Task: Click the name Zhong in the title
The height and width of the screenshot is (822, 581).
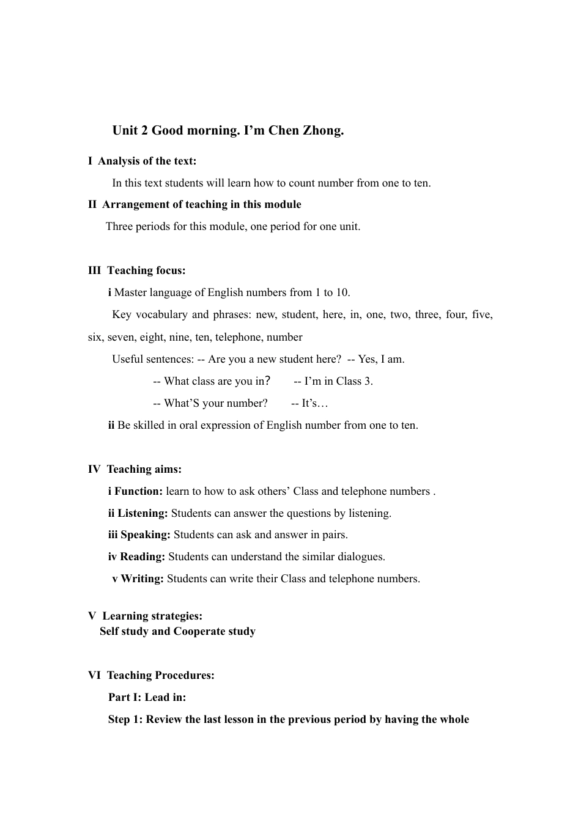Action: pos(324,130)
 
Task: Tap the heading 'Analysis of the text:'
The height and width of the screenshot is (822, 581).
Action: pos(147,161)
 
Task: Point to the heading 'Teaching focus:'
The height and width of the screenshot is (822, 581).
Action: pos(146,270)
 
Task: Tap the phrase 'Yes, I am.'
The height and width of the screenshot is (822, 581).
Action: pos(381,359)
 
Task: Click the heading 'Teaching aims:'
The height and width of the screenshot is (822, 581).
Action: pos(144,469)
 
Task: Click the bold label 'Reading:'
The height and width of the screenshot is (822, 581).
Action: pos(142,557)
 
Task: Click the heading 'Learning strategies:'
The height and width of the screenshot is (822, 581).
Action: pos(152,616)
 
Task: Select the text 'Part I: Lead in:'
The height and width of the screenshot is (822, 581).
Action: pos(147,697)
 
